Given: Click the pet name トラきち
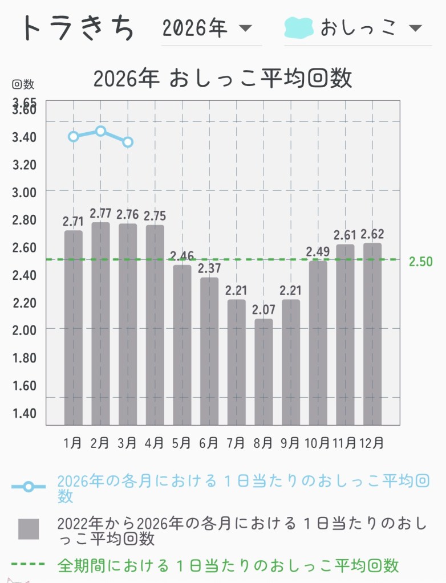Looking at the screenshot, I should tap(78, 27).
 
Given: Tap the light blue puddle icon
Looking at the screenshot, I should tap(299, 27).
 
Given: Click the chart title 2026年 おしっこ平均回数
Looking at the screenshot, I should tap(222, 79).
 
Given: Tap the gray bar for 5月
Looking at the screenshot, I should tap(182, 345).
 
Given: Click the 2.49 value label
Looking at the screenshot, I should tap(318, 251).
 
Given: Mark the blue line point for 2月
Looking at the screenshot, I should tap(101, 131).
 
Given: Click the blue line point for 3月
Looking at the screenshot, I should tap(128, 142).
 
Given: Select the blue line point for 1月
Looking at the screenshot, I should tap(74, 136).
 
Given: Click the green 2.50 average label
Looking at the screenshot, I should tap(420, 261).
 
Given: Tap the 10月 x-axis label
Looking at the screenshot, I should tap(318, 442).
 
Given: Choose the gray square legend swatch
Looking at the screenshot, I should tap(29, 529).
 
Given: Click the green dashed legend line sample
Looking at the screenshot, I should tap(29, 565).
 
